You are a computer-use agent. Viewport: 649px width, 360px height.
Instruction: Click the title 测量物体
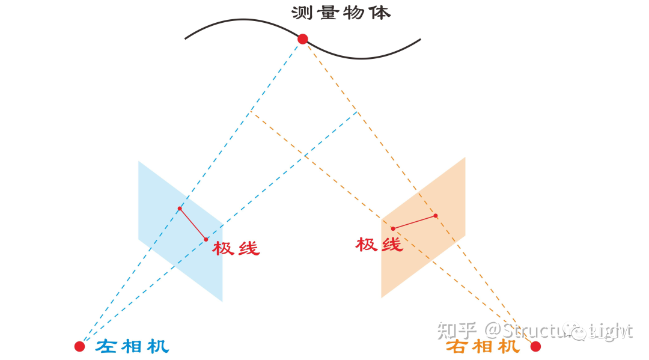point(341,13)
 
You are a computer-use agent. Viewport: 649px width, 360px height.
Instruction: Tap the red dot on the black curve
point(302,39)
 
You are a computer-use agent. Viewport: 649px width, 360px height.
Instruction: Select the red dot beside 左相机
point(79,346)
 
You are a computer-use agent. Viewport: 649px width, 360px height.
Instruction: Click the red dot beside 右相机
point(535,346)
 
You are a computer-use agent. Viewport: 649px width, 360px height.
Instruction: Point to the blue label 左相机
point(132,347)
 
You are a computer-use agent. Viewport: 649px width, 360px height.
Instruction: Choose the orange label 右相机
point(483,347)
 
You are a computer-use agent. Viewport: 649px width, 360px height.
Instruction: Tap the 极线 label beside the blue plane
point(236,248)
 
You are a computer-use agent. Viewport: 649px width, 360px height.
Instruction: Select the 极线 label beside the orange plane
point(379,244)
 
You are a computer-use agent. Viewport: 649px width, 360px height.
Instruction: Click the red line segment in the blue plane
point(192,224)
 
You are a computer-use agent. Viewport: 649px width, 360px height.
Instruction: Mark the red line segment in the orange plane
point(414,222)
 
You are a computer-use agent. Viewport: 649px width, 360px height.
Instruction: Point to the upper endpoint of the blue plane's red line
point(180,209)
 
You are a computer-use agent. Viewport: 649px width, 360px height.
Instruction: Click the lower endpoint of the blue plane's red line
point(206,239)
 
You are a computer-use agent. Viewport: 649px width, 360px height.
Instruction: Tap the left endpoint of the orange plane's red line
point(393,228)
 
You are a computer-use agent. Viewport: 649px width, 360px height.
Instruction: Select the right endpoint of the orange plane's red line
point(436,215)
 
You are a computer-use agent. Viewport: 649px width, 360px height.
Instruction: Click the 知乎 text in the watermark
point(457,330)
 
